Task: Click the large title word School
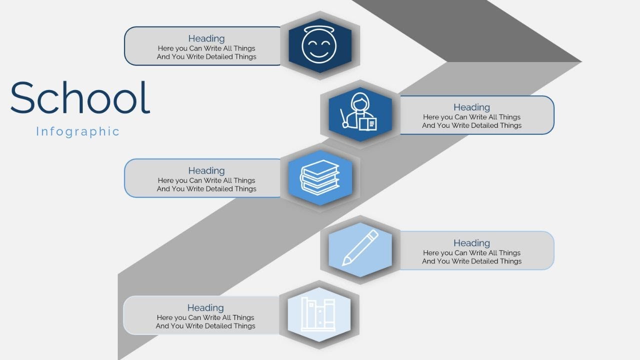tap(80, 97)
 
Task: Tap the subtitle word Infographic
tap(77, 131)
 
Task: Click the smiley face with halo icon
tap(319, 44)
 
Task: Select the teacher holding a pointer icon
tap(358, 111)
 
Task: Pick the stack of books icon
tap(319, 177)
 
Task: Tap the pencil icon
tap(360, 247)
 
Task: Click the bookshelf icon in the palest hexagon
tap(318, 314)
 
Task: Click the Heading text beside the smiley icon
tap(206, 38)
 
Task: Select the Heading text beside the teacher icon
tap(471, 107)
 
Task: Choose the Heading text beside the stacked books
tap(206, 170)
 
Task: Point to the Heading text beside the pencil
tap(471, 243)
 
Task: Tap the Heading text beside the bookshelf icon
tap(205, 307)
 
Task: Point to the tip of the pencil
tap(343, 264)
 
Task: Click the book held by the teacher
tap(367, 124)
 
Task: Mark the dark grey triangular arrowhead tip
tap(581, 61)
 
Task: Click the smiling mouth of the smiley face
tap(319, 53)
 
